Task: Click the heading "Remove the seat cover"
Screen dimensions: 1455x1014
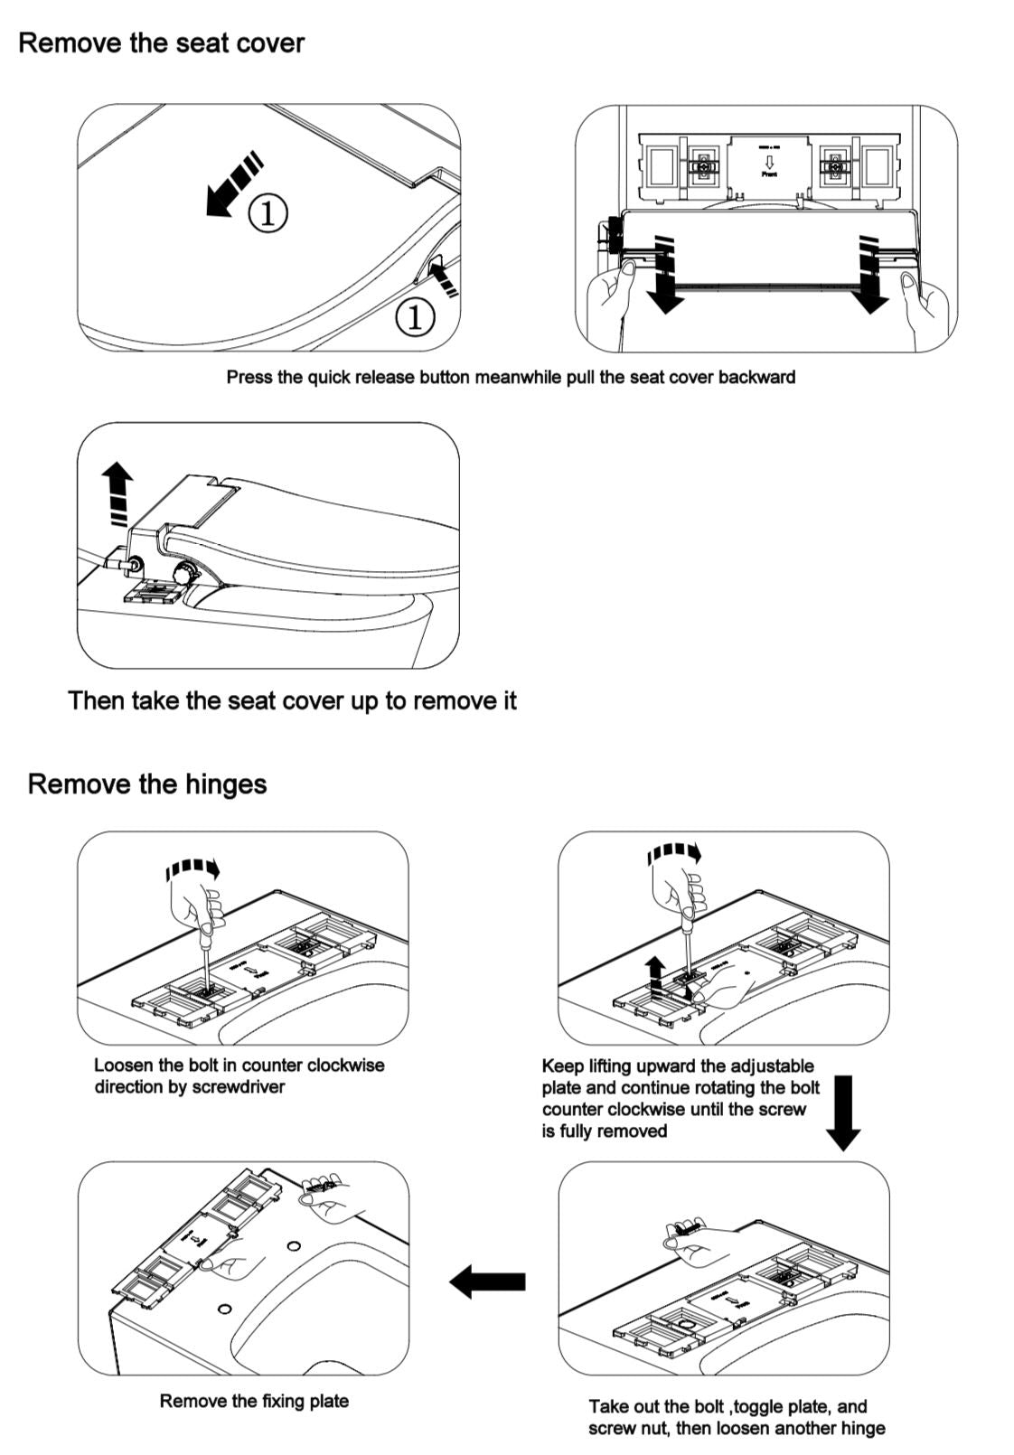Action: (161, 43)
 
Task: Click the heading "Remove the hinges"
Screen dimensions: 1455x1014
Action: (146, 784)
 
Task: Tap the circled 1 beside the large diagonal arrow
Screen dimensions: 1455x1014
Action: (268, 212)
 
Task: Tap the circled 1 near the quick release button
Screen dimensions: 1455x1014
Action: (415, 316)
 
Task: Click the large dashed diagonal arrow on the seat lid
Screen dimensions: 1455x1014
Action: (232, 184)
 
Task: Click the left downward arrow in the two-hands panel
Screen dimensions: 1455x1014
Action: (665, 276)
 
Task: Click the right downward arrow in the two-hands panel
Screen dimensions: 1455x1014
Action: (870, 276)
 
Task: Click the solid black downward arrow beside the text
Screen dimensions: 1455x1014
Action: (843, 1112)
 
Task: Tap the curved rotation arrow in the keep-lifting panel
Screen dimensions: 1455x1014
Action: (674, 853)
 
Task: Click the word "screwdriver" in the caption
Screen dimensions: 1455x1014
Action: (239, 1087)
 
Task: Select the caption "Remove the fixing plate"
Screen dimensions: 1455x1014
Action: (254, 1402)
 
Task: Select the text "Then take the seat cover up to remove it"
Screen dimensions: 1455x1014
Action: (292, 701)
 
